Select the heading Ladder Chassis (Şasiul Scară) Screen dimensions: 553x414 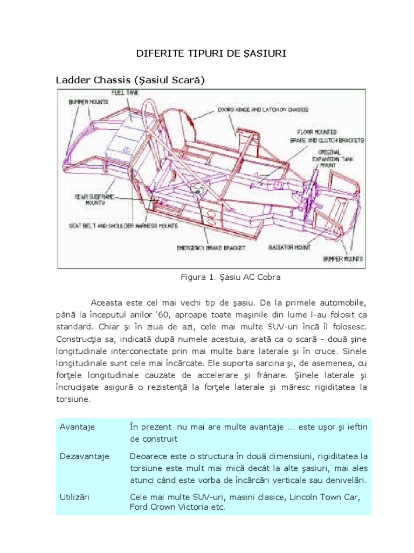pos(131,80)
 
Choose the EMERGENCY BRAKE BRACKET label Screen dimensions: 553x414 pos(211,248)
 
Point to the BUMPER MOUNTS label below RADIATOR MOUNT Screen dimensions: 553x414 pos(343,259)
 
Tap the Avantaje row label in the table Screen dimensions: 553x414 pos(77,427)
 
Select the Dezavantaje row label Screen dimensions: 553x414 pos(84,456)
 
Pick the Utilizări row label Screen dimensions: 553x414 pos(77,495)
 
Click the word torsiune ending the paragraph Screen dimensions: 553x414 pos(74,400)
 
